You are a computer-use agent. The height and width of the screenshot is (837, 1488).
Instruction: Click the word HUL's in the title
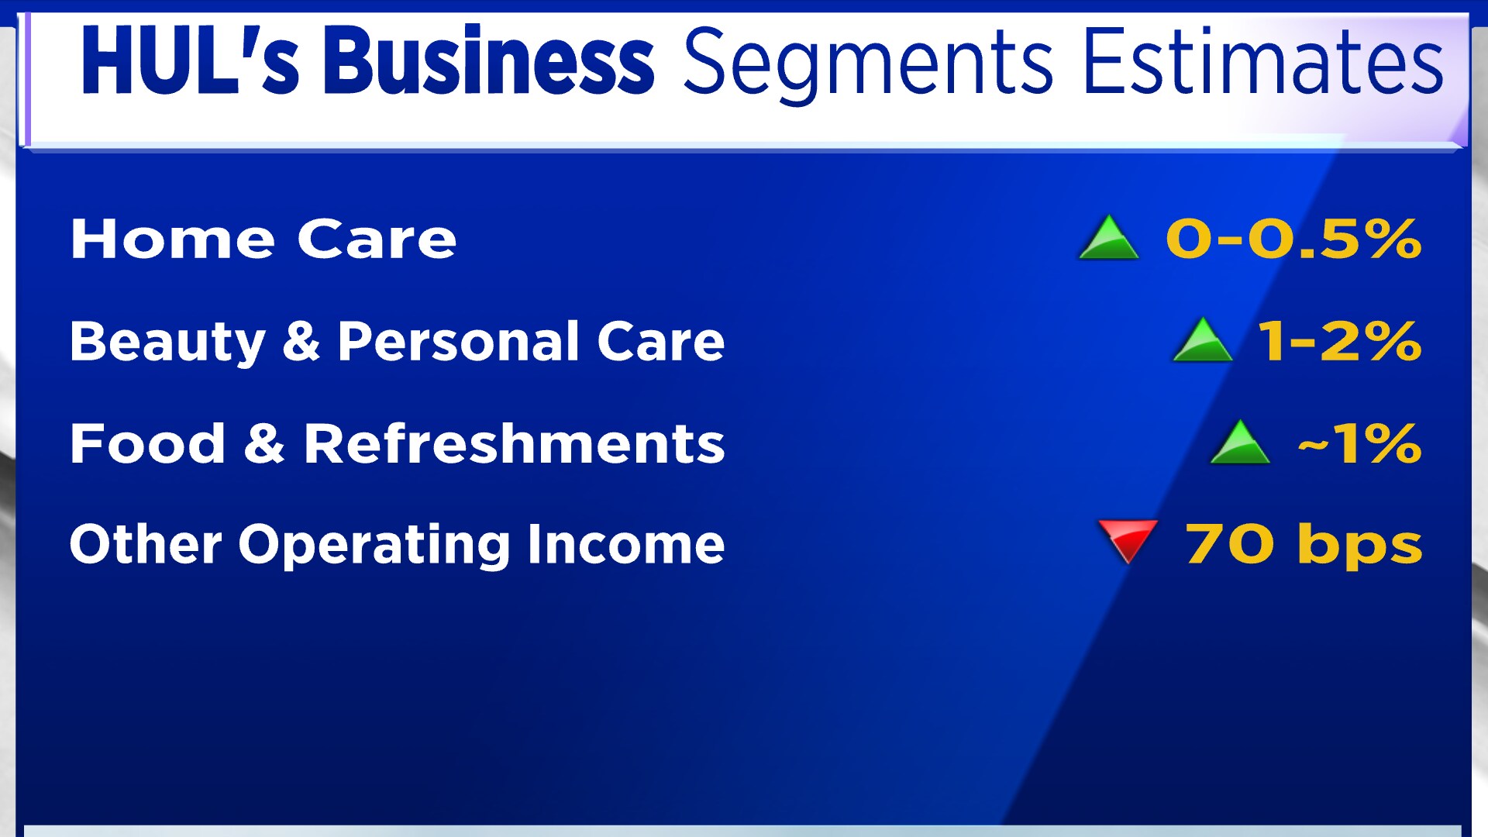(x=189, y=60)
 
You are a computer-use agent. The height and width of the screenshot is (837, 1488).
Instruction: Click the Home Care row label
(x=263, y=239)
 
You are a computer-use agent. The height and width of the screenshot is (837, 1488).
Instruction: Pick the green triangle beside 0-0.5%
(x=1109, y=236)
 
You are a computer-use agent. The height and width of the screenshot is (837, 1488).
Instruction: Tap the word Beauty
(x=167, y=342)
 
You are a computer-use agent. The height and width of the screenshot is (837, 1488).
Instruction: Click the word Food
(x=147, y=443)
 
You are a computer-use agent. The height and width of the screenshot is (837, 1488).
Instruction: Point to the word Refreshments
(x=514, y=443)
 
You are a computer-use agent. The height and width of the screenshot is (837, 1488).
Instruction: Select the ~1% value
(x=1360, y=444)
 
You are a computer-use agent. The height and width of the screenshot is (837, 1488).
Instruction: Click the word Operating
(x=374, y=546)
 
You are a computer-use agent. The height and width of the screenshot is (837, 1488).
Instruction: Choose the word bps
(x=1360, y=545)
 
